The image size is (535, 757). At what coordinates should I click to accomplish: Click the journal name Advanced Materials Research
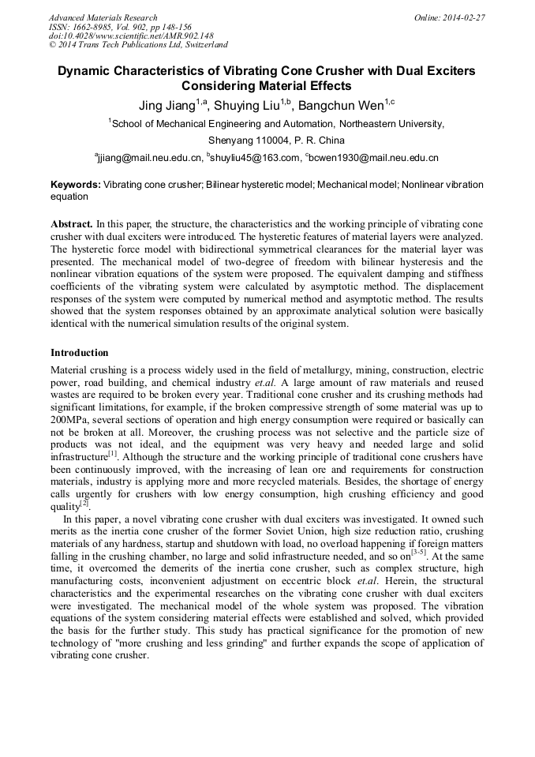click(x=103, y=17)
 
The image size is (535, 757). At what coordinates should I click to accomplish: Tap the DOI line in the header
click(x=131, y=36)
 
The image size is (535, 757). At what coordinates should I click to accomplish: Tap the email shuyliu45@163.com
click(x=256, y=157)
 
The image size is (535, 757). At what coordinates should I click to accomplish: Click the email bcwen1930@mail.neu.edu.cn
click(x=374, y=157)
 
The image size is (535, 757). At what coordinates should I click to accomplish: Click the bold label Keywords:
click(x=76, y=185)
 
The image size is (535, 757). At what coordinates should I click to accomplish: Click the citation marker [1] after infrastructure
click(x=113, y=453)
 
